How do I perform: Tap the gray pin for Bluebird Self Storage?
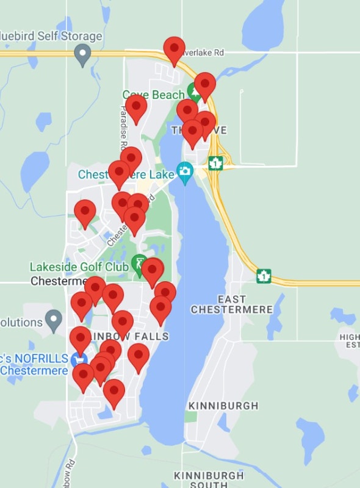tap(82, 56)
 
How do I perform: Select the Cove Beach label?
tap(153, 95)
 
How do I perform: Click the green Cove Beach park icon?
tap(194, 93)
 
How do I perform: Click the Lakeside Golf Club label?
tap(79, 267)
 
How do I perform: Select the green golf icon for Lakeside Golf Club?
tap(139, 263)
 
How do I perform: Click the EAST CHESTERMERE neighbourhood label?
tap(231, 304)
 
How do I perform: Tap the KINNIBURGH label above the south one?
tap(223, 406)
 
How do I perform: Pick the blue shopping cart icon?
tap(77, 359)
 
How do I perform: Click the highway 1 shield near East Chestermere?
tap(264, 276)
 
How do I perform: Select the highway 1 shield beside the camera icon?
tap(215, 163)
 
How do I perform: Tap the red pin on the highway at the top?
tap(175, 49)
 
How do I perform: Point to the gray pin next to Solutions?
tap(54, 319)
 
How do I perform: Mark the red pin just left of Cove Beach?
tap(136, 107)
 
